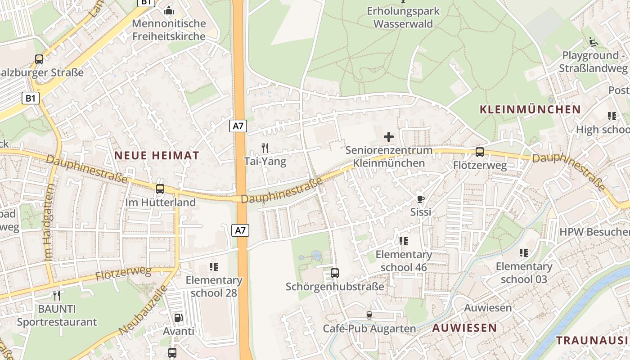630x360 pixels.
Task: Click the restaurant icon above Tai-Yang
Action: [x=265, y=147]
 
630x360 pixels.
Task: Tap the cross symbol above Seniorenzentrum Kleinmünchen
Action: [x=389, y=136]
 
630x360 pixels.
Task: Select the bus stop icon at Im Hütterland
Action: [x=160, y=189]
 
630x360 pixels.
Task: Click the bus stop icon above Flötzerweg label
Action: [x=480, y=152]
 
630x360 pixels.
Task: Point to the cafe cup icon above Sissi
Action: [x=421, y=198]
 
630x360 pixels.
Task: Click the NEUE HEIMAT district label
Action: [x=156, y=156]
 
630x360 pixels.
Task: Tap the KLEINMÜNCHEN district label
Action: [x=530, y=109]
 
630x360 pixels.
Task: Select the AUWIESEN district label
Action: [x=464, y=328]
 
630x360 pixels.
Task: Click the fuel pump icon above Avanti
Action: [x=178, y=318]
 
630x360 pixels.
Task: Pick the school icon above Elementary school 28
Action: [x=214, y=267]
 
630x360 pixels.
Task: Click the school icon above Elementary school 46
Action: [x=404, y=241]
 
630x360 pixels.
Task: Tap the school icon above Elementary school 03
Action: [x=524, y=253]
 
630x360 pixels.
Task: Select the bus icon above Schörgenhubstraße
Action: [x=335, y=273]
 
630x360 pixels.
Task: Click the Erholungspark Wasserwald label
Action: [x=403, y=17]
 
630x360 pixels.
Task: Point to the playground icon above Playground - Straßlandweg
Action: [x=594, y=42]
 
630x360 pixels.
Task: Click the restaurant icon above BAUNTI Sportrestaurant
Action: [x=57, y=296]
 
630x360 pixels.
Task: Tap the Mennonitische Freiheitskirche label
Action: [x=169, y=30]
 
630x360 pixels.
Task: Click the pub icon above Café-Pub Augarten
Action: [x=369, y=315]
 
